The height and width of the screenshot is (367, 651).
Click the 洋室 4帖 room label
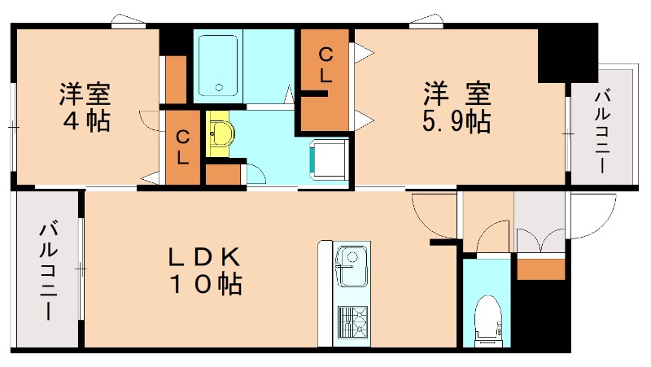84,107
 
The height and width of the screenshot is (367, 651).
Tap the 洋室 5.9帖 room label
455,107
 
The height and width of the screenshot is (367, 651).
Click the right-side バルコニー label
602,131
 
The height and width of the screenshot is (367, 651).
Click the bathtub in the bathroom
218,66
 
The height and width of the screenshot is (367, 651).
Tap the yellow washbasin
219,134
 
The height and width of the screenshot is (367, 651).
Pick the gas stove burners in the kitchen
352,321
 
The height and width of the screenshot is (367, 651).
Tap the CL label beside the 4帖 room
183,146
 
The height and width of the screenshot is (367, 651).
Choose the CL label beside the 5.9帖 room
325,65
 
